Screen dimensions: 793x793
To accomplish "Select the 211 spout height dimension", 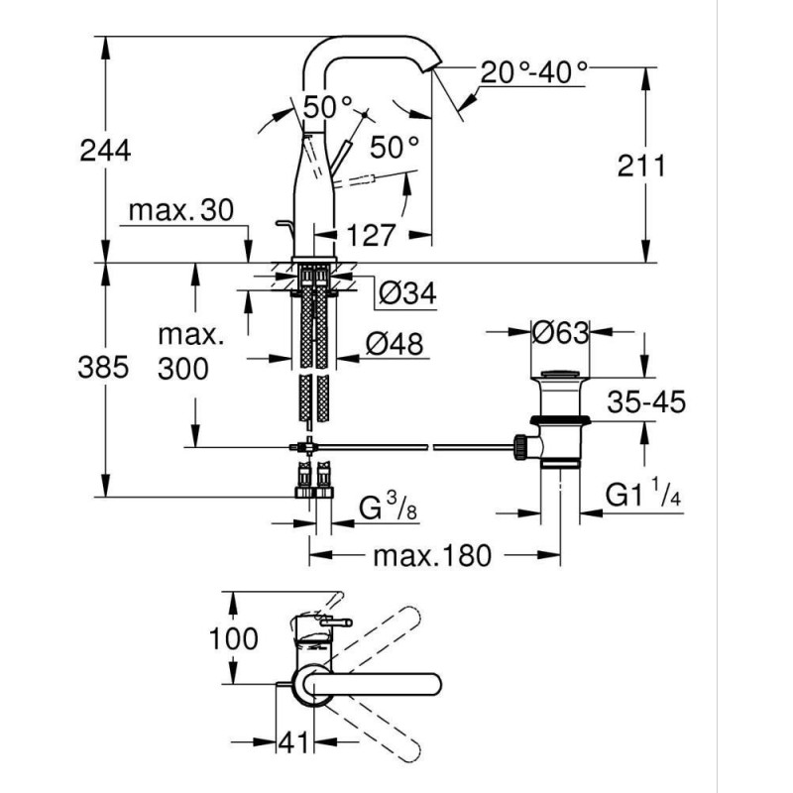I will [638, 166].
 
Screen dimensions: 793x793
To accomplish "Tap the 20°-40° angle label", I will [534, 71].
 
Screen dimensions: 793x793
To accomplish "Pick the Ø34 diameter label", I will [406, 293].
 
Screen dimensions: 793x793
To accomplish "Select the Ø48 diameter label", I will [394, 343].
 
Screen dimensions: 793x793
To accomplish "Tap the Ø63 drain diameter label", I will [560, 333].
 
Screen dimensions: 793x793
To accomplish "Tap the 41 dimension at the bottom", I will [293, 738].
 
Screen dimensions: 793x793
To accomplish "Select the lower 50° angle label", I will [395, 149].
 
